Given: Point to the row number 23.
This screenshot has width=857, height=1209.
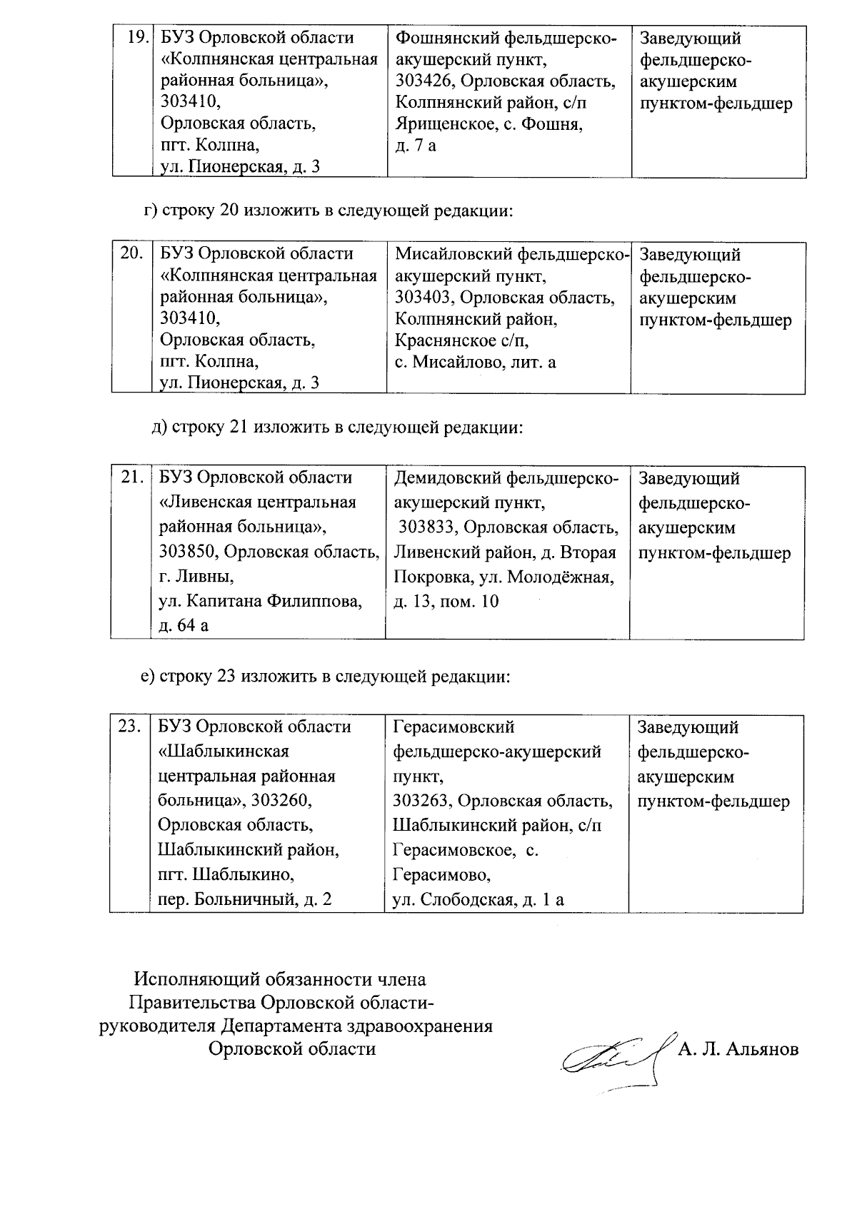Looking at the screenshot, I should (x=129, y=727).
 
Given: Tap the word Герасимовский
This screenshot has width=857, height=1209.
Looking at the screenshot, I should (x=453, y=727).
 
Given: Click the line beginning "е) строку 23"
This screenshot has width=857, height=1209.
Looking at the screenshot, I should (x=326, y=676).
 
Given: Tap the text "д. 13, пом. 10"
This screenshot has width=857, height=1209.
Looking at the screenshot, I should (x=446, y=602).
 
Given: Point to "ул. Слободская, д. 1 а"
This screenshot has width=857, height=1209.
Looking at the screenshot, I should (x=478, y=899).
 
